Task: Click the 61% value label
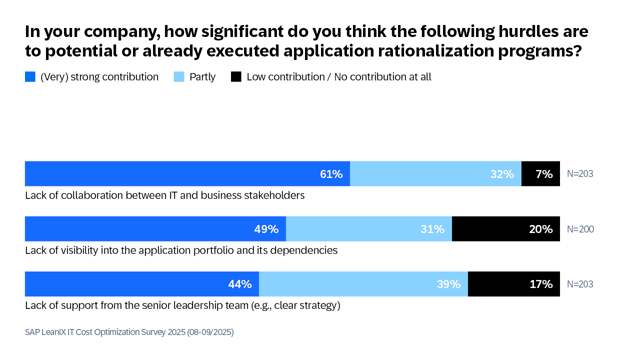coord(331,174)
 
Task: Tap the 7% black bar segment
coord(540,174)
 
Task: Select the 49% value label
coord(267,229)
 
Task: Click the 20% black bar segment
coord(505,229)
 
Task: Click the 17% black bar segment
coord(512,284)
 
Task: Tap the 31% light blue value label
coord(432,229)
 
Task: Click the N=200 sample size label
coord(580,229)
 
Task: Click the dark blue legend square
coord(30,77)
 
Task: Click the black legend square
coord(236,77)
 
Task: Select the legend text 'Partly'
coord(202,77)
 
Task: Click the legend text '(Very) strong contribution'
coord(99,77)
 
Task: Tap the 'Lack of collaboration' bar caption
coord(164,196)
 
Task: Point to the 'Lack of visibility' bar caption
coord(181,250)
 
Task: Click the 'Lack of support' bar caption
coord(182,305)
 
